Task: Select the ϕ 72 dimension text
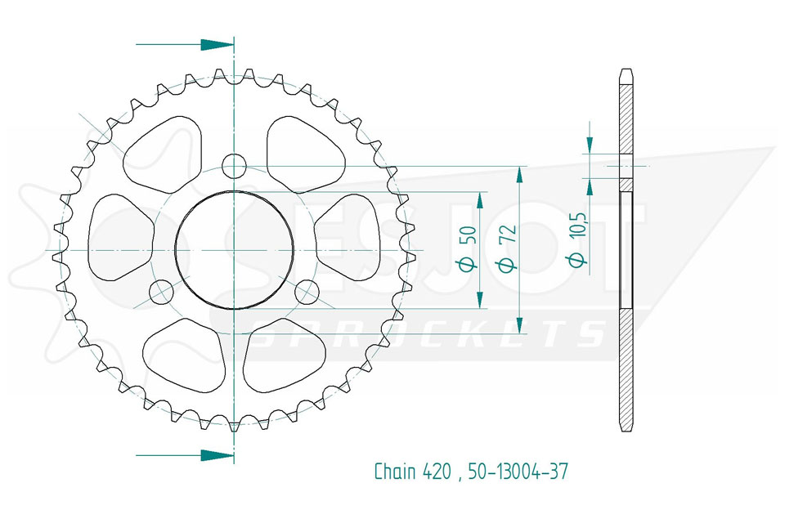pos(507,248)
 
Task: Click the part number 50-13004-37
pos(518,472)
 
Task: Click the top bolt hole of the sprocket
pos(234,166)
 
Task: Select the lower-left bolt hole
pos(161,291)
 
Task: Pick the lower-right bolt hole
pos(307,292)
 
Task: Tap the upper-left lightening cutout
pos(163,154)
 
